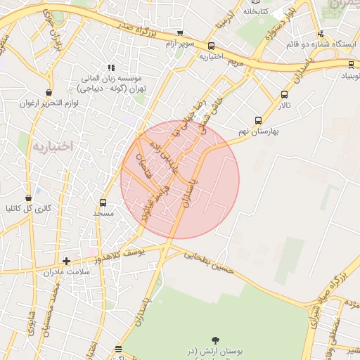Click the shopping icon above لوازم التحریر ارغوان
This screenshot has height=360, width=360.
pos(49,93)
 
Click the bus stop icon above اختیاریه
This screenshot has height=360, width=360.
pos(211,46)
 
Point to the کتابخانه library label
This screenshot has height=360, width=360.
pos(256,11)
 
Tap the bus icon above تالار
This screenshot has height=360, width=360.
pos(284,94)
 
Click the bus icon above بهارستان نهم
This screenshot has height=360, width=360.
pos(258,120)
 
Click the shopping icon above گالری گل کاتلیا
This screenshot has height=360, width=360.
pos(28,198)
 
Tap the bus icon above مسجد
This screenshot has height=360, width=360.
pos(103,202)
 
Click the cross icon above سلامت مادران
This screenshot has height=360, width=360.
pos(67,262)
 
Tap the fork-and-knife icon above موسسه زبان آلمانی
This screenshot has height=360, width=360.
pos(110,68)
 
